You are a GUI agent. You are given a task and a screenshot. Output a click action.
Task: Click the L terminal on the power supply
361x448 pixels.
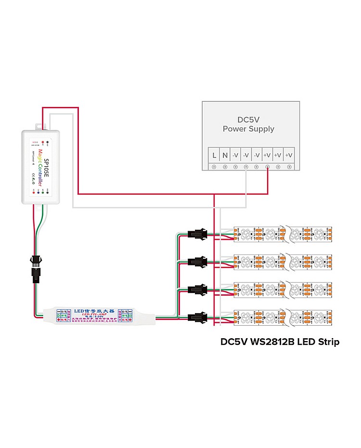(x=214, y=156)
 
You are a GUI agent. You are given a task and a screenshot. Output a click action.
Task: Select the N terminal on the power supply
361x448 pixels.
(x=225, y=156)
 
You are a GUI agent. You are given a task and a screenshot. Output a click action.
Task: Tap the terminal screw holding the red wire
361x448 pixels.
(x=268, y=167)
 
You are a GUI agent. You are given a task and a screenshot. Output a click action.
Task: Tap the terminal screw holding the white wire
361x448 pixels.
(x=246, y=167)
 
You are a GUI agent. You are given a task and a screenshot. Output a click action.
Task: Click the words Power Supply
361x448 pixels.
(x=248, y=129)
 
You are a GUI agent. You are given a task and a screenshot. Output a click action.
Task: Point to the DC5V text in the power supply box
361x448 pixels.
(x=248, y=119)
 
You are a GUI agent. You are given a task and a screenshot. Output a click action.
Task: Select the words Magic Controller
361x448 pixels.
(x=39, y=166)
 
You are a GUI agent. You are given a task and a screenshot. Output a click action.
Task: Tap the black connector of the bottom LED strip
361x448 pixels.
(x=197, y=317)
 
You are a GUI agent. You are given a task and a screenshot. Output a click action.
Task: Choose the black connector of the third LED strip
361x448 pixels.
(x=197, y=290)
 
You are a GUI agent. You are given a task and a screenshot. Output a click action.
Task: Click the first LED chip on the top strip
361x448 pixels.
(x=243, y=235)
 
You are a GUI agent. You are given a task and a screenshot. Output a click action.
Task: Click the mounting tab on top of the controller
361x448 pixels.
(x=39, y=126)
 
